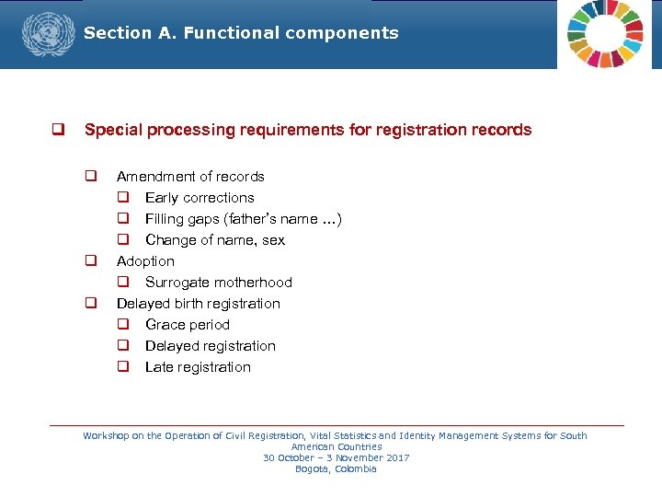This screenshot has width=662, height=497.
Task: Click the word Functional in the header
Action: coord(232,33)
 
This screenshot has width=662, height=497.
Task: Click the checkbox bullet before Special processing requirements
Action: coord(57,130)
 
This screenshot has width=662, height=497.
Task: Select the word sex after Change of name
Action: coord(273,240)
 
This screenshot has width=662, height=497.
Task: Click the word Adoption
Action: coord(145,261)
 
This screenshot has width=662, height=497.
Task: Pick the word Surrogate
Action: coord(177,283)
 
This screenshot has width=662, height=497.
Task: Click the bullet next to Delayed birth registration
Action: coord(92,303)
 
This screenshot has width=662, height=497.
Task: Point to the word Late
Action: coord(160,367)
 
